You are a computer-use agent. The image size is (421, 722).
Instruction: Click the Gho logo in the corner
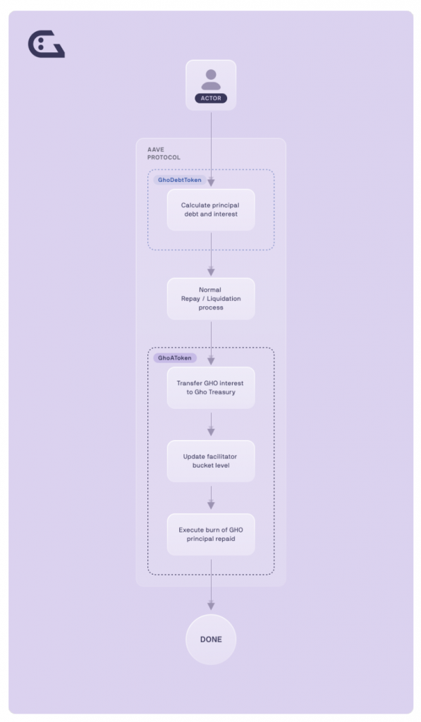pyautogui.click(x=46, y=44)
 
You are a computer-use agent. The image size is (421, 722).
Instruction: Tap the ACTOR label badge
pyautogui.click(x=211, y=98)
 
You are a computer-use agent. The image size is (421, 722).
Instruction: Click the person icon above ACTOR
pyautogui.click(x=211, y=80)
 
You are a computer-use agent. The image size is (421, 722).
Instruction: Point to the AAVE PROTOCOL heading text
pyautogui.click(x=164, y=153)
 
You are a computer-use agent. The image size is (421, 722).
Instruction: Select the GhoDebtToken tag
pyautogui.click(x=180, y=180)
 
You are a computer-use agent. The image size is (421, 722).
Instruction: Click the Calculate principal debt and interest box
pyautogui.click(x=211, y=209)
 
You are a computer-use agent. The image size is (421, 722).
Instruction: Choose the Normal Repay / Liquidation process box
pyautogui.click(x=211, y=298)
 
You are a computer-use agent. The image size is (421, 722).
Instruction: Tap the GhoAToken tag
pyautogui.click(x=175, y=357)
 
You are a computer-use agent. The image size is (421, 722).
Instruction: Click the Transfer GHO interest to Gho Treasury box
pyautogui.click(x=211, y=388)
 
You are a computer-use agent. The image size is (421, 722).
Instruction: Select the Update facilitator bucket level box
pyautogui.click(x=211, y=461)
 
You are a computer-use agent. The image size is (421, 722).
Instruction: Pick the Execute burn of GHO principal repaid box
pyautogui.click(x=211, y=534)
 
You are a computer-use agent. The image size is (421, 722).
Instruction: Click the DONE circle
pyautogui.click(x=211, y=639)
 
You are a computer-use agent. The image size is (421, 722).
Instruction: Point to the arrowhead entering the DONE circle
pyautogui.click(x=211, y=606)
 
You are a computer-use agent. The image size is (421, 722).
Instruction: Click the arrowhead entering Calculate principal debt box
pyautogui.click(x=211, y=183)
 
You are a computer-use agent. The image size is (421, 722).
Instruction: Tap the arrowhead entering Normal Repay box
pyautogui.click(x=211, y=271)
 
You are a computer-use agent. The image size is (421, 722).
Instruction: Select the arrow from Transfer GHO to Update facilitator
pyautogui.click(x=211, y=424)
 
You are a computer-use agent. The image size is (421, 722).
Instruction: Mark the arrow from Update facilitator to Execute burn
pyautogui.click(x=211, y=497)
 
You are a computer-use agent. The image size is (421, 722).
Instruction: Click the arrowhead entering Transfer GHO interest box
pyautogui.click(x=211, y=360)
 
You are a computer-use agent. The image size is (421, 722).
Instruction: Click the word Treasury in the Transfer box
pyautogui.click(x=222, y=392)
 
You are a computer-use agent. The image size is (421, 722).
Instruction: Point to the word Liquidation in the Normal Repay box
pyautogui.click(x=224, y=298)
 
